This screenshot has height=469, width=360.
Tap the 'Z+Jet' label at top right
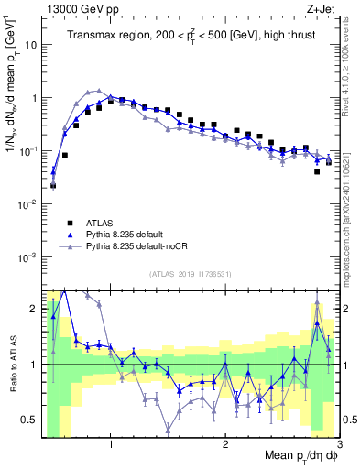[x=322, y=8]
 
